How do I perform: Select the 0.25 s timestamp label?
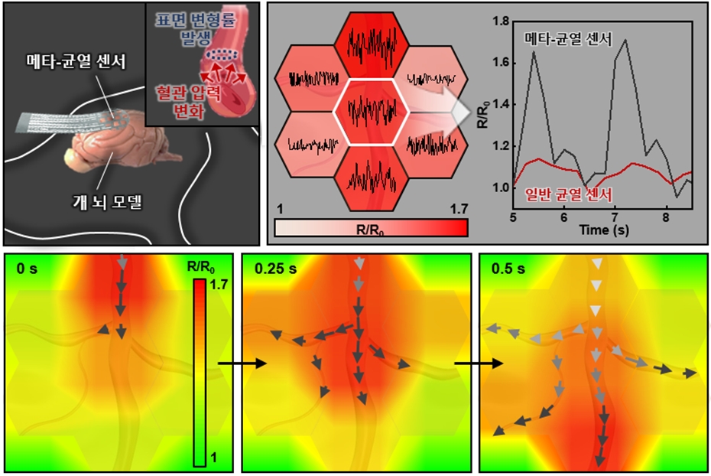click(x=272, y=269)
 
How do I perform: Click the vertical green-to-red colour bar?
click(x=199, y=372)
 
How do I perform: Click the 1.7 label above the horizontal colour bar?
click(x=456, y=209)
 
